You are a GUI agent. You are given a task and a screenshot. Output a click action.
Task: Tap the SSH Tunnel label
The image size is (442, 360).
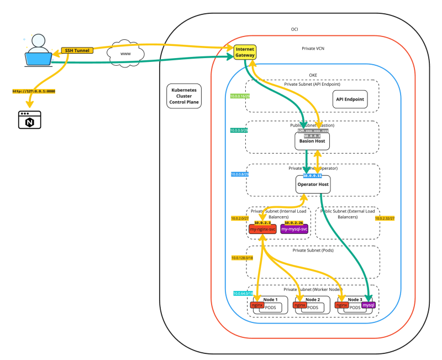(77, 50)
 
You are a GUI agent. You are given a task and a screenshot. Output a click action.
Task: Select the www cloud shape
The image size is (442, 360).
(127, 53)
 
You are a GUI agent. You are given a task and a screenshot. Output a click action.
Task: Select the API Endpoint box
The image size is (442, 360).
(350, 99)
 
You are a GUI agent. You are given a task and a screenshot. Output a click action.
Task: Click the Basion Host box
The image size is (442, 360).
(312, 142)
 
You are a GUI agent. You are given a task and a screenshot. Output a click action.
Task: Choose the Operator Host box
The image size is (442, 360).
(313, 184)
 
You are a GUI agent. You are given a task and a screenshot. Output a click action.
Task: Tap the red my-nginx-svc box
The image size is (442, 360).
(262, 228)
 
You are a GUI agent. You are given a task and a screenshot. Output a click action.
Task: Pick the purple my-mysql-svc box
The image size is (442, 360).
(294, 228)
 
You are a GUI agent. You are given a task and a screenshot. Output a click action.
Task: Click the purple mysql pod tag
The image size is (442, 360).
(369, 305)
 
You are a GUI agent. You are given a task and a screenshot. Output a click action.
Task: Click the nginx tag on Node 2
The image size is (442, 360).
(299, 305)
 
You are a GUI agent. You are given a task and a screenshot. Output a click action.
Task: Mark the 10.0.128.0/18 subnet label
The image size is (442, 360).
(241, 258)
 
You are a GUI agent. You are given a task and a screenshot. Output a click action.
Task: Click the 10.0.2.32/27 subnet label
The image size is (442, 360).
(385, 218)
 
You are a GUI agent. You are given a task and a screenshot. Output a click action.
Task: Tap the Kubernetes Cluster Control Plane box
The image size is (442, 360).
(184, 96)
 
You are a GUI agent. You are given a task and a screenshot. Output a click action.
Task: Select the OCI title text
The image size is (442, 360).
(294, 29)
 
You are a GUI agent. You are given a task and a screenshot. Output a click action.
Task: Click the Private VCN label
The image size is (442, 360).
(313, 49)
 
